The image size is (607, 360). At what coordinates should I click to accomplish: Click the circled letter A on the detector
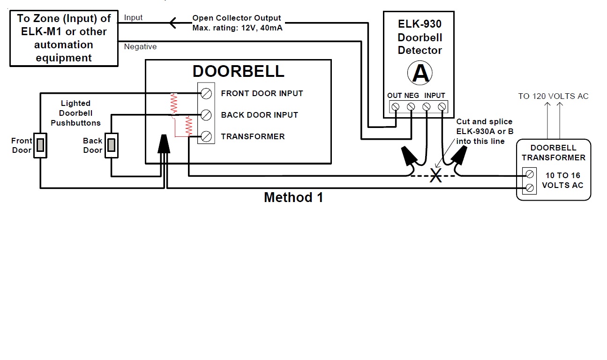coord(420,73)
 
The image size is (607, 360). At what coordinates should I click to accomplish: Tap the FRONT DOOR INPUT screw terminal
coord(206,93)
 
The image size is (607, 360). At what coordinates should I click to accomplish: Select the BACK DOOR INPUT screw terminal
coord(206,115)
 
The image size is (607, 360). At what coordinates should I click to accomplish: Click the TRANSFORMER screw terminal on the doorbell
coord(206,136)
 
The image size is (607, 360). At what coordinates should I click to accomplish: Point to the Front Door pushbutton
coord(40,145)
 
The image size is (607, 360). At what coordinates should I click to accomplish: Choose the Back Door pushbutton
coord(111,145)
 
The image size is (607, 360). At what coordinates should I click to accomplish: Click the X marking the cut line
coord(436,176)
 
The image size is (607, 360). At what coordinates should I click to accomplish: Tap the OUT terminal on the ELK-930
coord(395,107)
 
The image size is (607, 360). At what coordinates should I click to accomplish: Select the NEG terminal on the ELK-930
coord(411,107)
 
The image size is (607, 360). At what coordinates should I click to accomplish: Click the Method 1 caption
coord(293,197)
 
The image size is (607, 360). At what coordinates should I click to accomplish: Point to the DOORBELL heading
coord(238,71)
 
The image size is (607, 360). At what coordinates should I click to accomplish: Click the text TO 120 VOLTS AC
coord(553,96)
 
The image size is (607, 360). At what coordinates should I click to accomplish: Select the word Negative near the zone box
coord(140,47)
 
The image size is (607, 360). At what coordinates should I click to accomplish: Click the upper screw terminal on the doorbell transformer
coord(529,174)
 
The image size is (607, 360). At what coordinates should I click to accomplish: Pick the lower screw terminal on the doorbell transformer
coord(529,188)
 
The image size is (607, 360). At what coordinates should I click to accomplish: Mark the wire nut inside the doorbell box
coord(163,143)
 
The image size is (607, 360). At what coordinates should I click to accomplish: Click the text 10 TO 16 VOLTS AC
coord(562,180)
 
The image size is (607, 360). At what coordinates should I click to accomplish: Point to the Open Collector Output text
coord(237,18)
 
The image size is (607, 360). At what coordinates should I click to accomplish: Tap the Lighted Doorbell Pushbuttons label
coord(75,113)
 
